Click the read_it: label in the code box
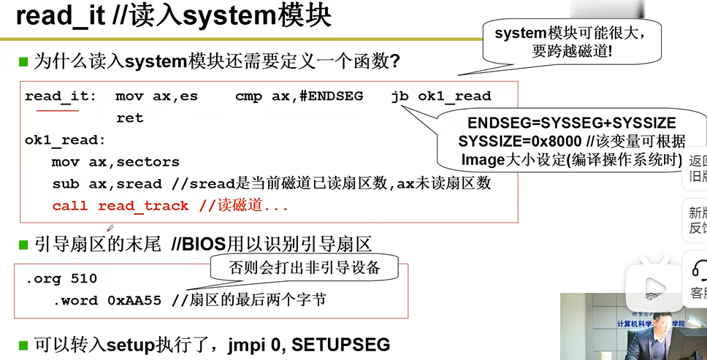point(61,96)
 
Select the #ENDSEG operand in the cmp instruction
point(331,96)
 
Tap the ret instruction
point(129,118)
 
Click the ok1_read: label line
point(65,139)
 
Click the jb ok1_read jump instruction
point(441,96)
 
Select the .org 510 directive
point(61,279)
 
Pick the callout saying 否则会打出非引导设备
point(305,267)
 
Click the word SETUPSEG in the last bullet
point(353,344)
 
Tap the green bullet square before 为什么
point(23,61)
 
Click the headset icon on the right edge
point(699,268)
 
